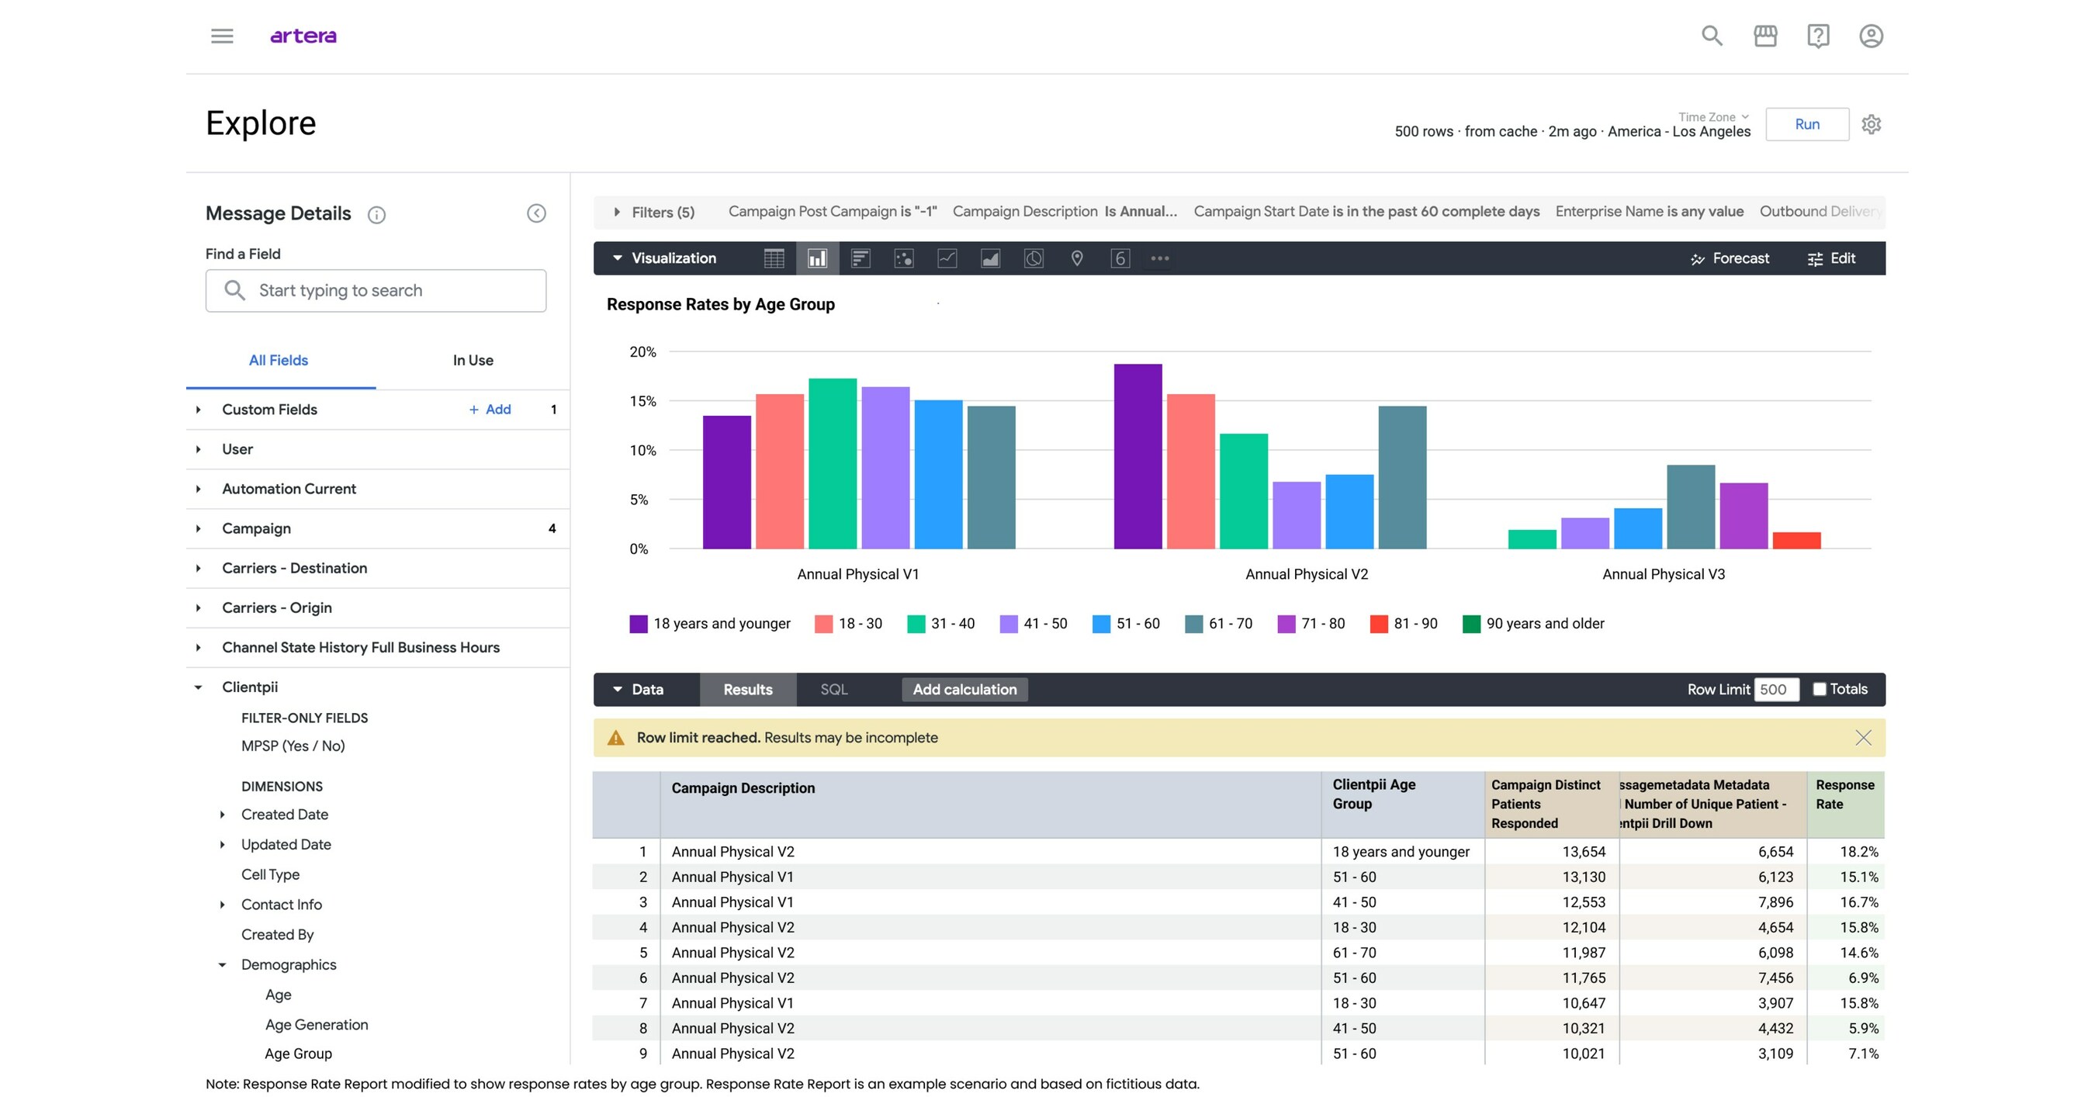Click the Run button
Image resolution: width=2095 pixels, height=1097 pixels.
[1806, 124]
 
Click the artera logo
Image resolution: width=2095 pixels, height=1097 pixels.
[303, 36]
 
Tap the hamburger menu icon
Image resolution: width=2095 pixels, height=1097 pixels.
[222, 36]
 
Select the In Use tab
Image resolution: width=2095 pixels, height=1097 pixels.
[473, 360]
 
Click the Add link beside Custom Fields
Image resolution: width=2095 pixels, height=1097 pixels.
[490, 409]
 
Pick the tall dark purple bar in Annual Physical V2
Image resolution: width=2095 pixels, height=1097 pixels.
[1137, 456]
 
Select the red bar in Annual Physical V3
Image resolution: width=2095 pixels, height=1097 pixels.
[1795, 540]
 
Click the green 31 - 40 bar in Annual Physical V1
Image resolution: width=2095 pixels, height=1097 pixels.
[832, 463]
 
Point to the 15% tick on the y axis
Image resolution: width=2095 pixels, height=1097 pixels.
[642, 401]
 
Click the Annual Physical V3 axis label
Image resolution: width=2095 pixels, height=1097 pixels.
[1662, 574]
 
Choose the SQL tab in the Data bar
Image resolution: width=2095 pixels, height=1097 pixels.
[833, 690]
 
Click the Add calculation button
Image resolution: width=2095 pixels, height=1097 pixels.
[964, 690]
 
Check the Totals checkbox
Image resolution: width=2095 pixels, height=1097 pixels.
[1820, 689]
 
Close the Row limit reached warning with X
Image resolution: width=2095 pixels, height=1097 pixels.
[1862, 738]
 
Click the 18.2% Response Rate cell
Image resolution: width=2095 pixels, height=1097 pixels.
[1858, 851]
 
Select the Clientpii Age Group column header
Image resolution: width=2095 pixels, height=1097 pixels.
[1373, 794]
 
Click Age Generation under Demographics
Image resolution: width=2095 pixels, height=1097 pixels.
[317, 1025]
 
